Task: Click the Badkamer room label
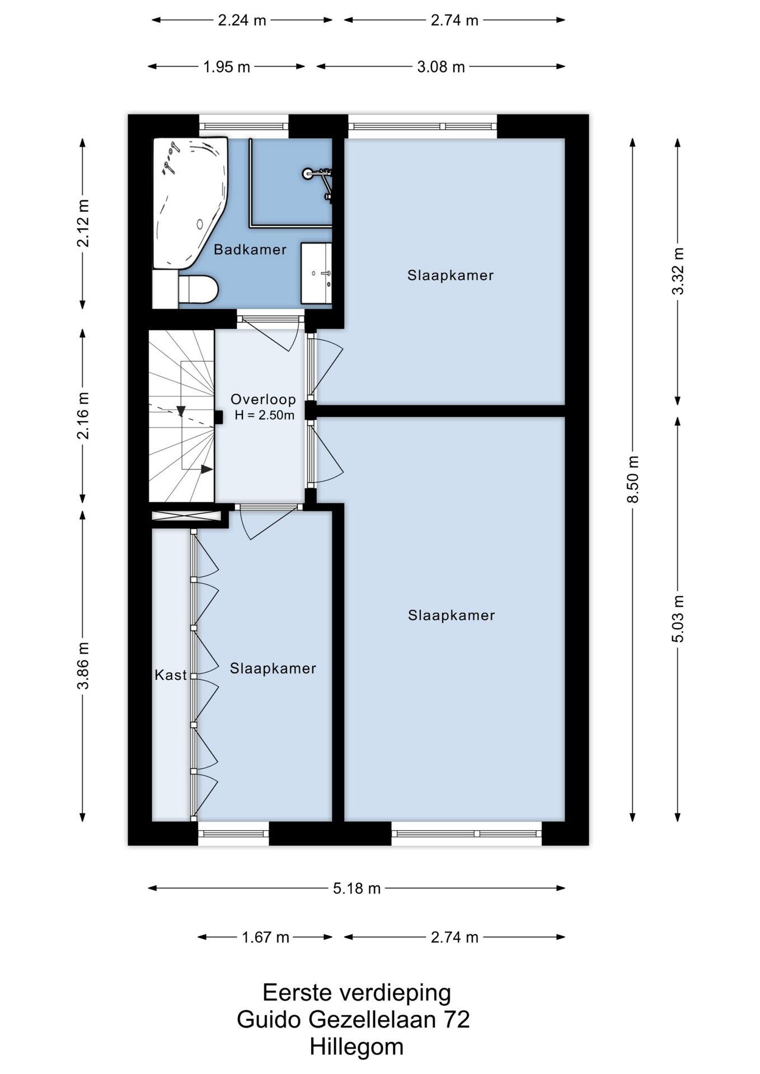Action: pyautogui.click(x=250, y=249)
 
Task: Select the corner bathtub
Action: pyautogui.click(x=190, y=204)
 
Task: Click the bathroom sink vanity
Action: pyautogui.click(x=316, y=273)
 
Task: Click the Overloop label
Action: pyautogui.click(x=264, y=399)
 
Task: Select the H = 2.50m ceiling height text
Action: pyautogui.click(x=265, y=415)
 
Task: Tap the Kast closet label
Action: pyautogui.click(x=171, y=675)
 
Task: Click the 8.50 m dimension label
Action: pyautogui.click(x=633, y=479)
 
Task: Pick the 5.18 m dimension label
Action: pyautogui.click(x=357, y=888)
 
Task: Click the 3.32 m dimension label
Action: pyautogui.click(x=678, y=271)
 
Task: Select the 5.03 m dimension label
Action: pyautogui.click(x=678, y=618)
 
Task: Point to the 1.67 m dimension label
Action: pyautogui.click(x=265, y=937)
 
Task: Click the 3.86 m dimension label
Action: pyautogui.click(x=83, y=666)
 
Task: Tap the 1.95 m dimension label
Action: pyautogui.click(x=227, y=67)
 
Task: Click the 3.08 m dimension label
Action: pyautogui.click(x=441, y=67)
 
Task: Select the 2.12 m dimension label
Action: pyautogui.click(x=83, y=223)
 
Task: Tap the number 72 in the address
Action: pyautogui.click(x=457, y=1020)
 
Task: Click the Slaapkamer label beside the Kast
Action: pyautogui.click(x=273, y=668)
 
